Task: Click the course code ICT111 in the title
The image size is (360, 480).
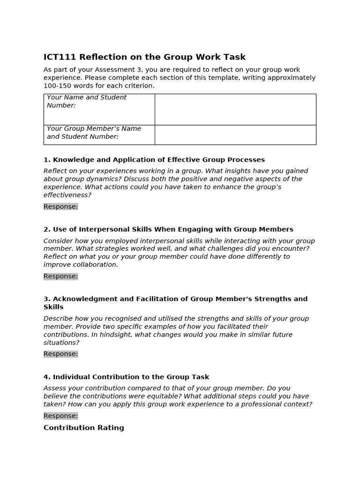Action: coord(60,57)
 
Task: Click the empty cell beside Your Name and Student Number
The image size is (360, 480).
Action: coord(235,109)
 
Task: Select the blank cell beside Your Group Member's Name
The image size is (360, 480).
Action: coord(235,135)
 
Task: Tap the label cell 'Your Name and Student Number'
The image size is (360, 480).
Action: coord(87,101)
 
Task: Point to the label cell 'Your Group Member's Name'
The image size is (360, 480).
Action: coord(94,133)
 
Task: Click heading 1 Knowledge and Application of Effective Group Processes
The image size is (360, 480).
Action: coord(154,160)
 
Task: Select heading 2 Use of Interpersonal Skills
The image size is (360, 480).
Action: coord(168,229)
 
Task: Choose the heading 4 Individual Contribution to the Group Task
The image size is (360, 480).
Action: coord(126,377)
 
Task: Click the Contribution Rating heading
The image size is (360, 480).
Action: coord(84,427)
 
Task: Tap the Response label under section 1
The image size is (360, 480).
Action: coord(61,207)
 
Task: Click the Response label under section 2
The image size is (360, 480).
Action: coord(61,276)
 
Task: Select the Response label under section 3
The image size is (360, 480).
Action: coord(61,354)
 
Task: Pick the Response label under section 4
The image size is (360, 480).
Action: coord(61,416)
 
